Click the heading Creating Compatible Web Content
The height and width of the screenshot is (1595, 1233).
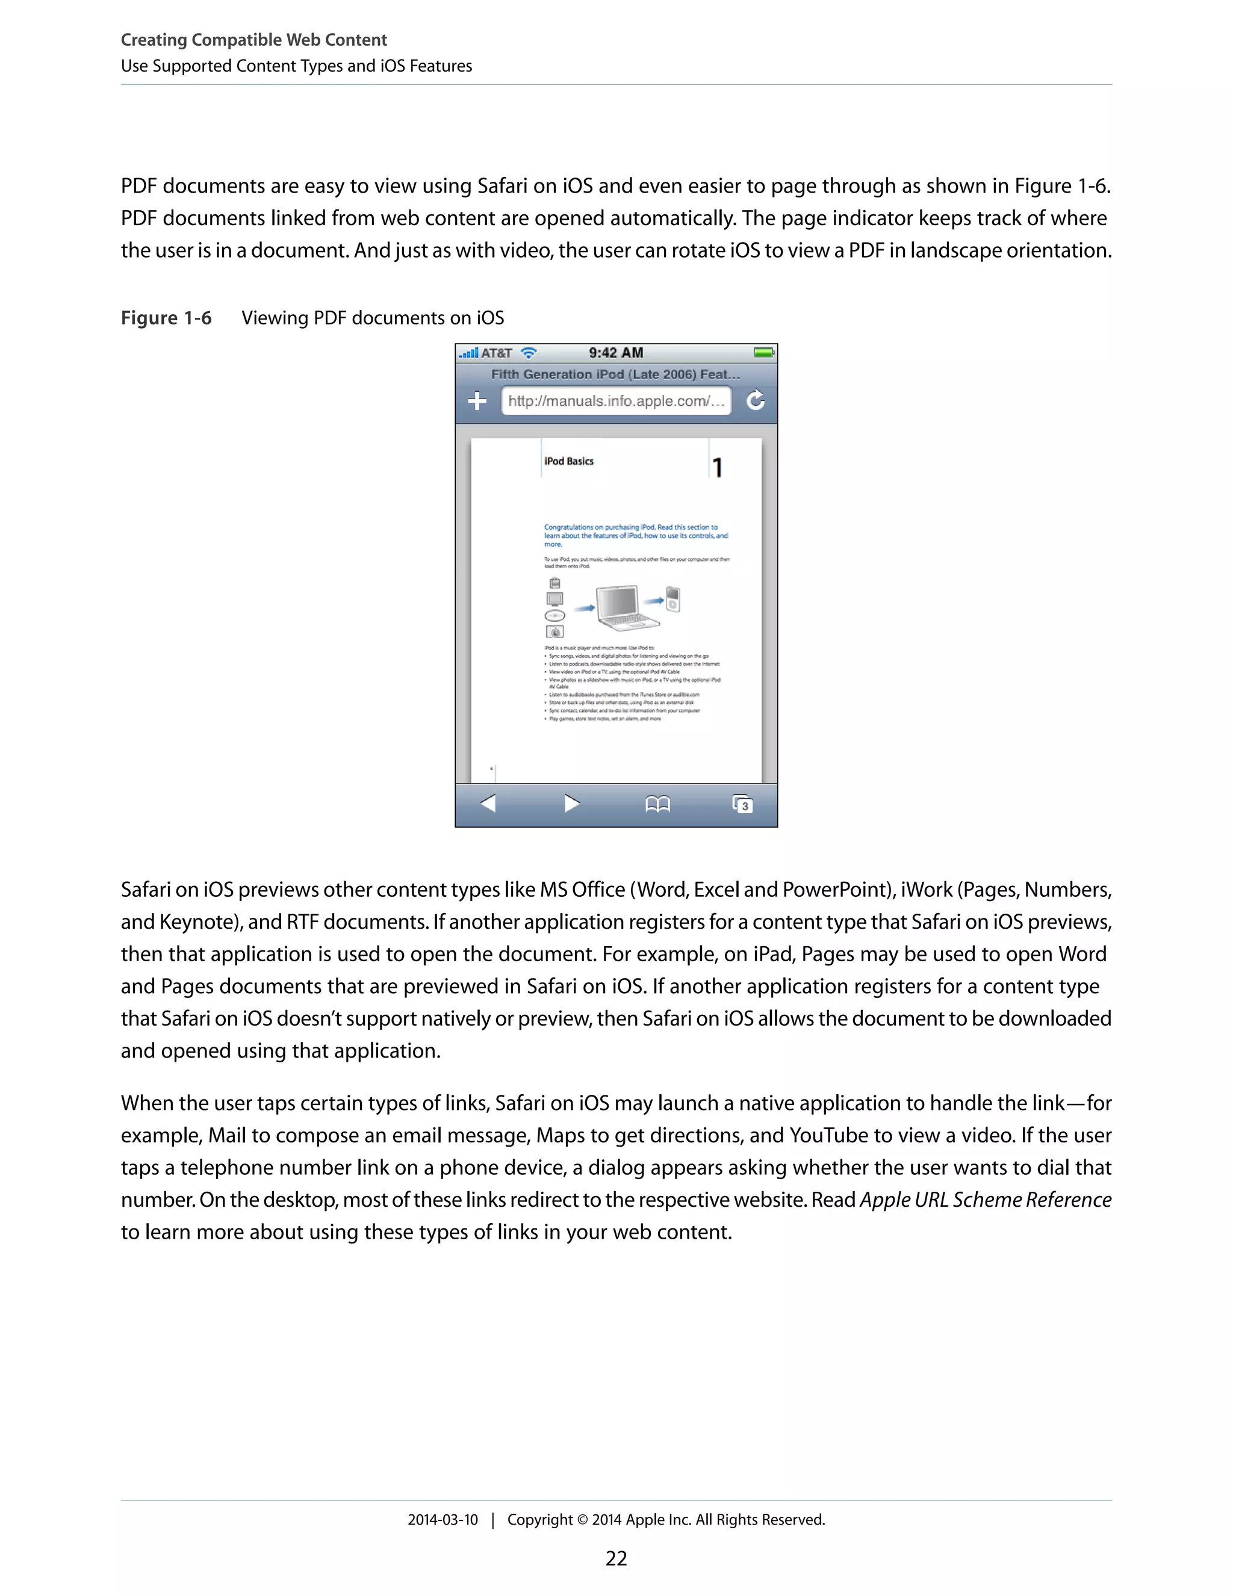[x=253, y=40]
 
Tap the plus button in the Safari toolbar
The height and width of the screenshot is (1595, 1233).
[x=477, y=401]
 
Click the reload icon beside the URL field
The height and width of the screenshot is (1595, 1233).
[x=756, y=400]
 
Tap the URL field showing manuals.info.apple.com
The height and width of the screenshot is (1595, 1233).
[x=616, y=401]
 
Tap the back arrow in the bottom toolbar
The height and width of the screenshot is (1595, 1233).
[x=488, y=804]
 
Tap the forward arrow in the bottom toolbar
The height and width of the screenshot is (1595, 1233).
[x=572, y=804]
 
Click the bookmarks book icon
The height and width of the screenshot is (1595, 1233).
[x=657, y=804]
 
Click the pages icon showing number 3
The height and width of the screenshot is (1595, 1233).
[x=742, y=804]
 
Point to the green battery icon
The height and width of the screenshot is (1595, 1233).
[x=763, y=353]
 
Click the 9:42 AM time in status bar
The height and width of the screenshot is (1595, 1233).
[x=616, y=353]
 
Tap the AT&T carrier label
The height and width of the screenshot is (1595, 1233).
[x=496, y=353]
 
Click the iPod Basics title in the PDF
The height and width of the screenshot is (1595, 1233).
[x=568, y=462]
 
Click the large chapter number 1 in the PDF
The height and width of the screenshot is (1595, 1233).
[x=717, y=468]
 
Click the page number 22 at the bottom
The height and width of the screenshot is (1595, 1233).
[x=616, y=1558]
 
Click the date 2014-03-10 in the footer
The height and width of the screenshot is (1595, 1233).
[x=443, y=1520]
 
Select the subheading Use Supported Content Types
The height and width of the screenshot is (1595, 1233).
[x=296, y=66]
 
